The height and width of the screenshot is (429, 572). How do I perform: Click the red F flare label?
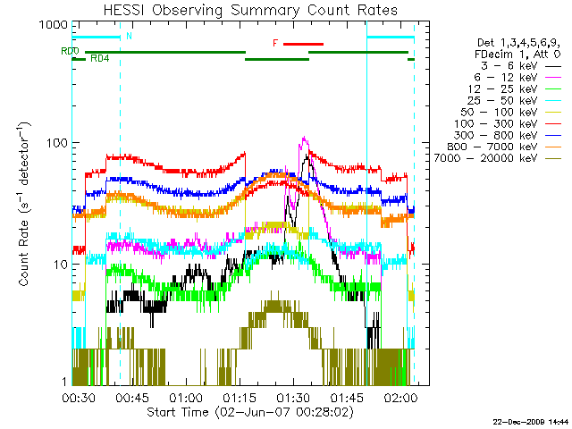(x=275, y=43)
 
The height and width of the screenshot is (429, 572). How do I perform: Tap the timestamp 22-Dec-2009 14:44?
(x=530, y=421)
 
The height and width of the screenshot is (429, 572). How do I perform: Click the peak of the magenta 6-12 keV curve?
(x=304, y=139)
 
